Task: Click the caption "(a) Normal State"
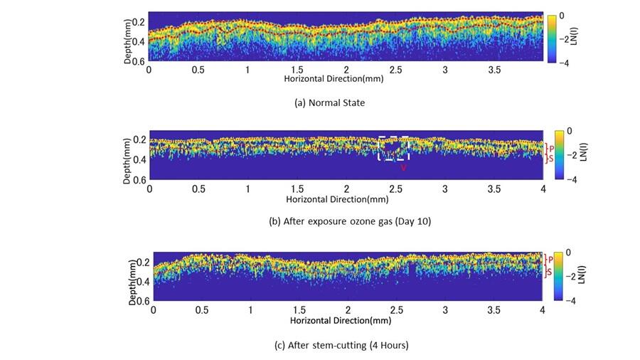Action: point(329,102)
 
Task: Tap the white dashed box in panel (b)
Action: point(393,148)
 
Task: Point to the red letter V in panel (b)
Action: point(403,168)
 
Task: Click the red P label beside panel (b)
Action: point(551,148)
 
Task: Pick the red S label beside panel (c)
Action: point(550,272)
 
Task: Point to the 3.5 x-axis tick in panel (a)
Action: point(494,70)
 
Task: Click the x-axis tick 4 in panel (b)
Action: point(543,189)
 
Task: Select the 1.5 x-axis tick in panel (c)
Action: point(299,311)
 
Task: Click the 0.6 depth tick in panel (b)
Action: point(138,180)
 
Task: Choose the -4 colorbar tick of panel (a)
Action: point(562,63)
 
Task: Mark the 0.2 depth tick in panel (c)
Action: point(142,263)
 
